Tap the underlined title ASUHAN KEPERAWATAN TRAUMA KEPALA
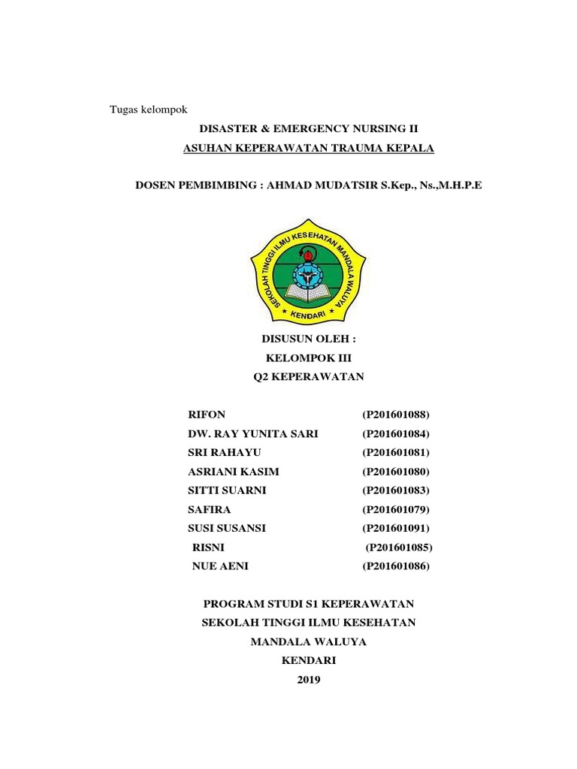[x=309, y=148]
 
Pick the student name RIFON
[x=207, y=415]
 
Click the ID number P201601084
[x=397, y=434]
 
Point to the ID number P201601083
[x=397, y=490]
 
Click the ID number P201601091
[x=397, y=528]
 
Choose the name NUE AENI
[x=221, y=566]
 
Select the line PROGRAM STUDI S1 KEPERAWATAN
[x=309, y=604]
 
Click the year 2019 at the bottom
[x=309, y=680]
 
